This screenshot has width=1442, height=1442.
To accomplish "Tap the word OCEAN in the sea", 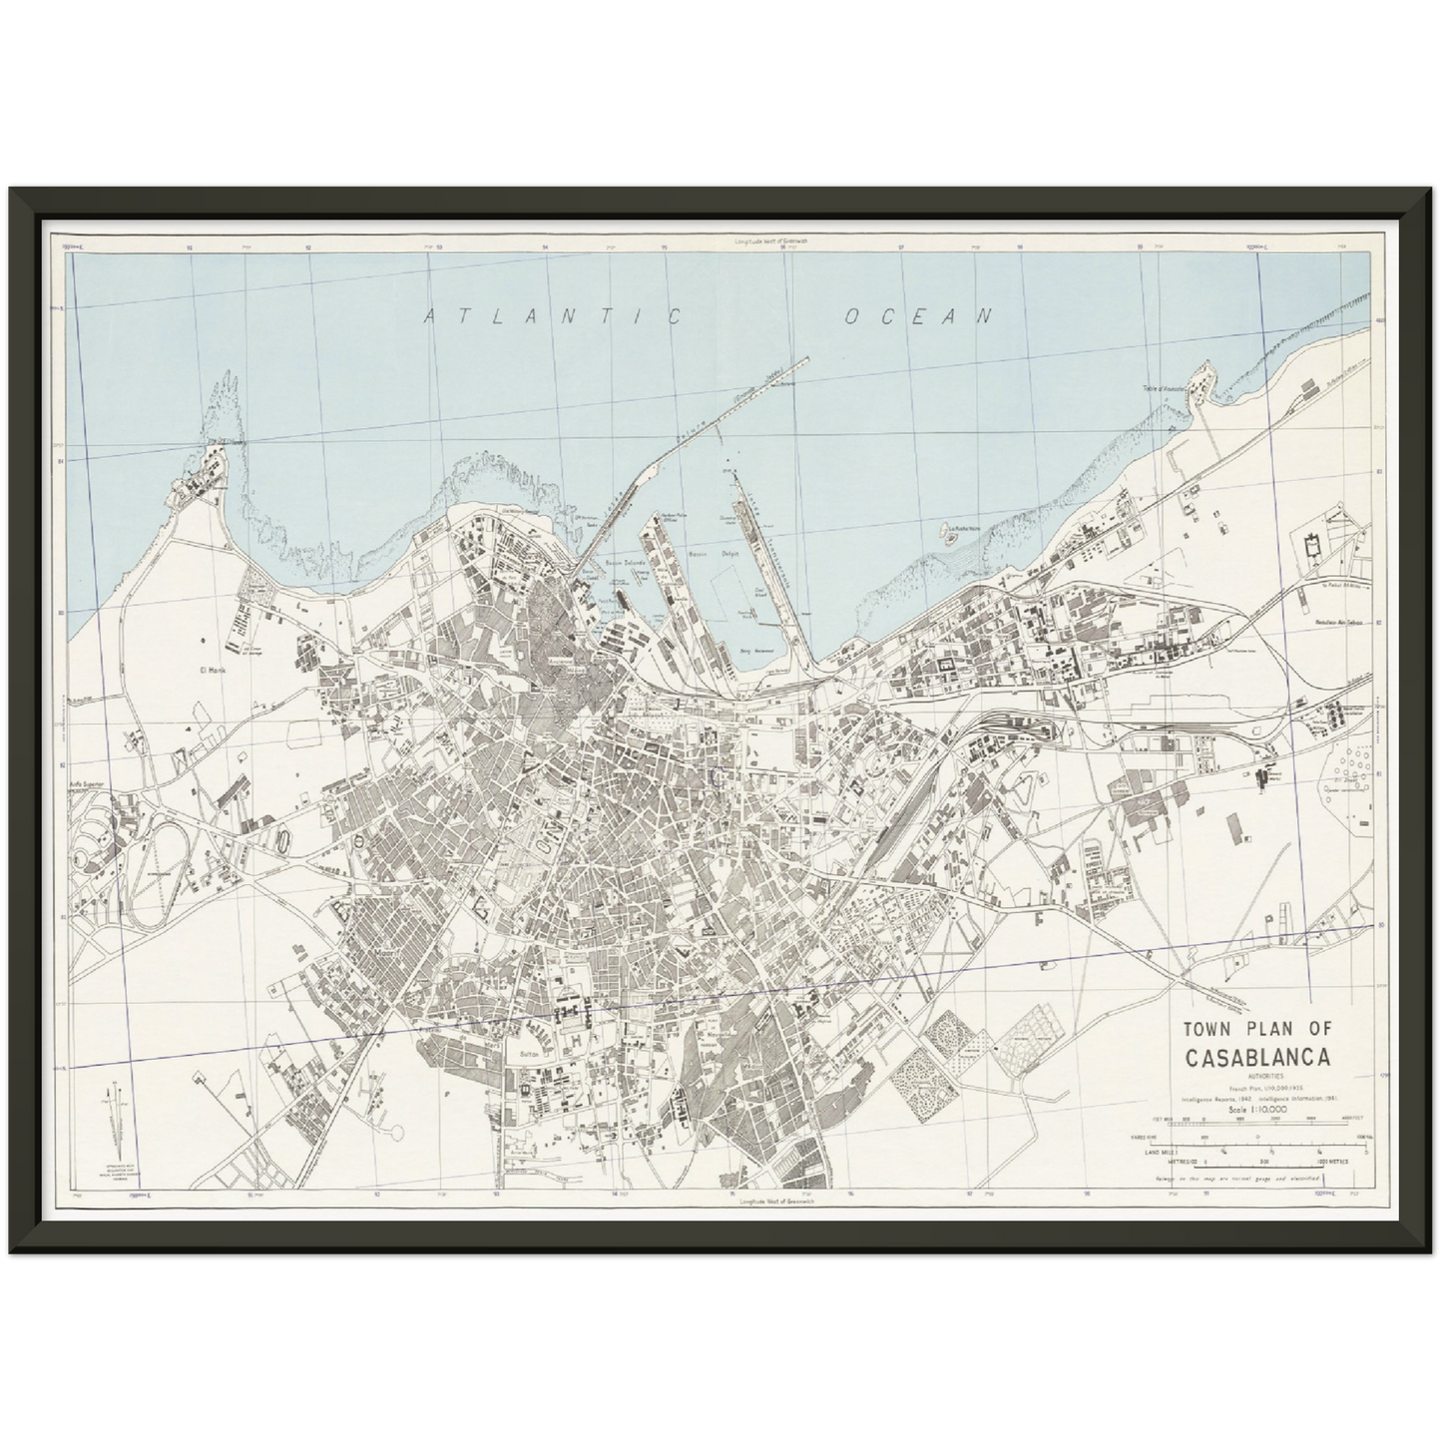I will [x=919, y=316].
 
